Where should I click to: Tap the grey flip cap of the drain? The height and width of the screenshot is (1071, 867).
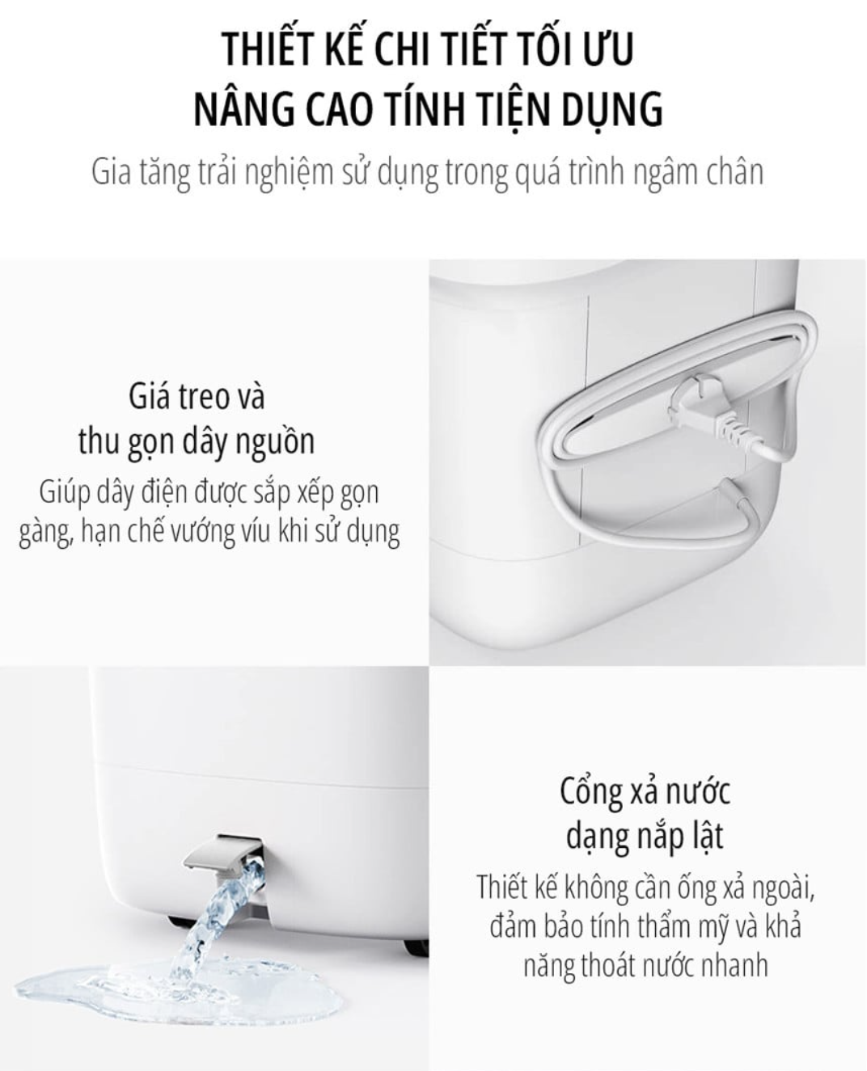coord(221,862)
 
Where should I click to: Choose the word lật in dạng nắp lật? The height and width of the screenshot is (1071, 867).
coord(707,836)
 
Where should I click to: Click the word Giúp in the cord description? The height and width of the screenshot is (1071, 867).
coord(65,493)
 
